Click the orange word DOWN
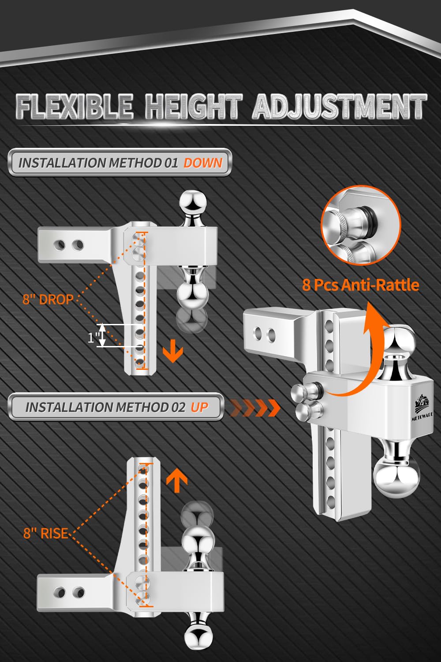pyautogui.click(x=203, y=163)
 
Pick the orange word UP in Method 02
pyautogui.click(x=199, y=407)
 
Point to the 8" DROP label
pyautogui.click(x=48, y=299)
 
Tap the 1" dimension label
pyautogui.click(x=93, y=337)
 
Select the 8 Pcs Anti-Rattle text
pyautogui.click(x=361, y=285)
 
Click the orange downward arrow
pyautogui.click(x=173, y=351)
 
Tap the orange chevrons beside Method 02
pyautogui.click(x=255, y=408)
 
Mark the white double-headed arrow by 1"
pyautogui.click(x=102, y=335)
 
